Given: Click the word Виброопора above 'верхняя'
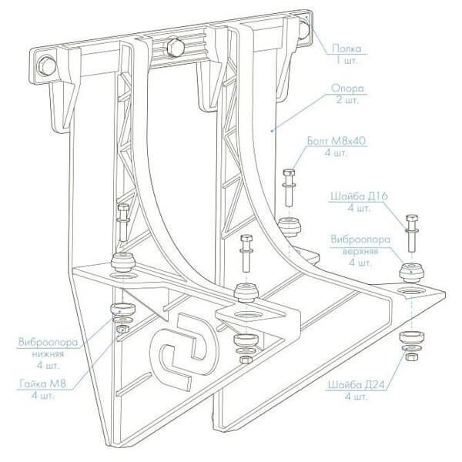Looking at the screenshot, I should tap(356, 239).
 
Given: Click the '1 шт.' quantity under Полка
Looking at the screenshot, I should tap(348, 58).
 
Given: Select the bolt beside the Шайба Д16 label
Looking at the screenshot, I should tap(410, 231).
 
